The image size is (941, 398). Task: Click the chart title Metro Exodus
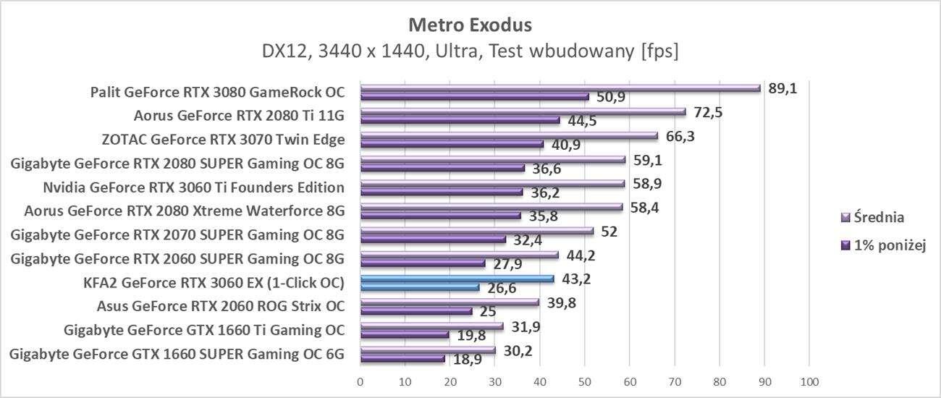(x=470, y=25)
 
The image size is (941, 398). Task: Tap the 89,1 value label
(x=782, y=88)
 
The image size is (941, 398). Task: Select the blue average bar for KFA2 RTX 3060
(x=457, y=279)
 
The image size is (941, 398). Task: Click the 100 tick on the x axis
(x=809, y=381)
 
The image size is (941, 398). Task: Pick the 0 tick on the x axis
(x=360, y=381)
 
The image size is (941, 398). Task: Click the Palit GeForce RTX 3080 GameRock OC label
(x=217, y=93)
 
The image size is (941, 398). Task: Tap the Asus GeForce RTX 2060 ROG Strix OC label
(x=220, y=306)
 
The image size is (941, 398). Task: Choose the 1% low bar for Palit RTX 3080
(x=474, y=96)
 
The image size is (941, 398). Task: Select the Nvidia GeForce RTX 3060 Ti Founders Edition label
(x=193, y=187)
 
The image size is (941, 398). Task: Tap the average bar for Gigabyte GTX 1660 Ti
(x=431, y=326)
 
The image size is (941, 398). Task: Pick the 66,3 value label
(x=680, y=136)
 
